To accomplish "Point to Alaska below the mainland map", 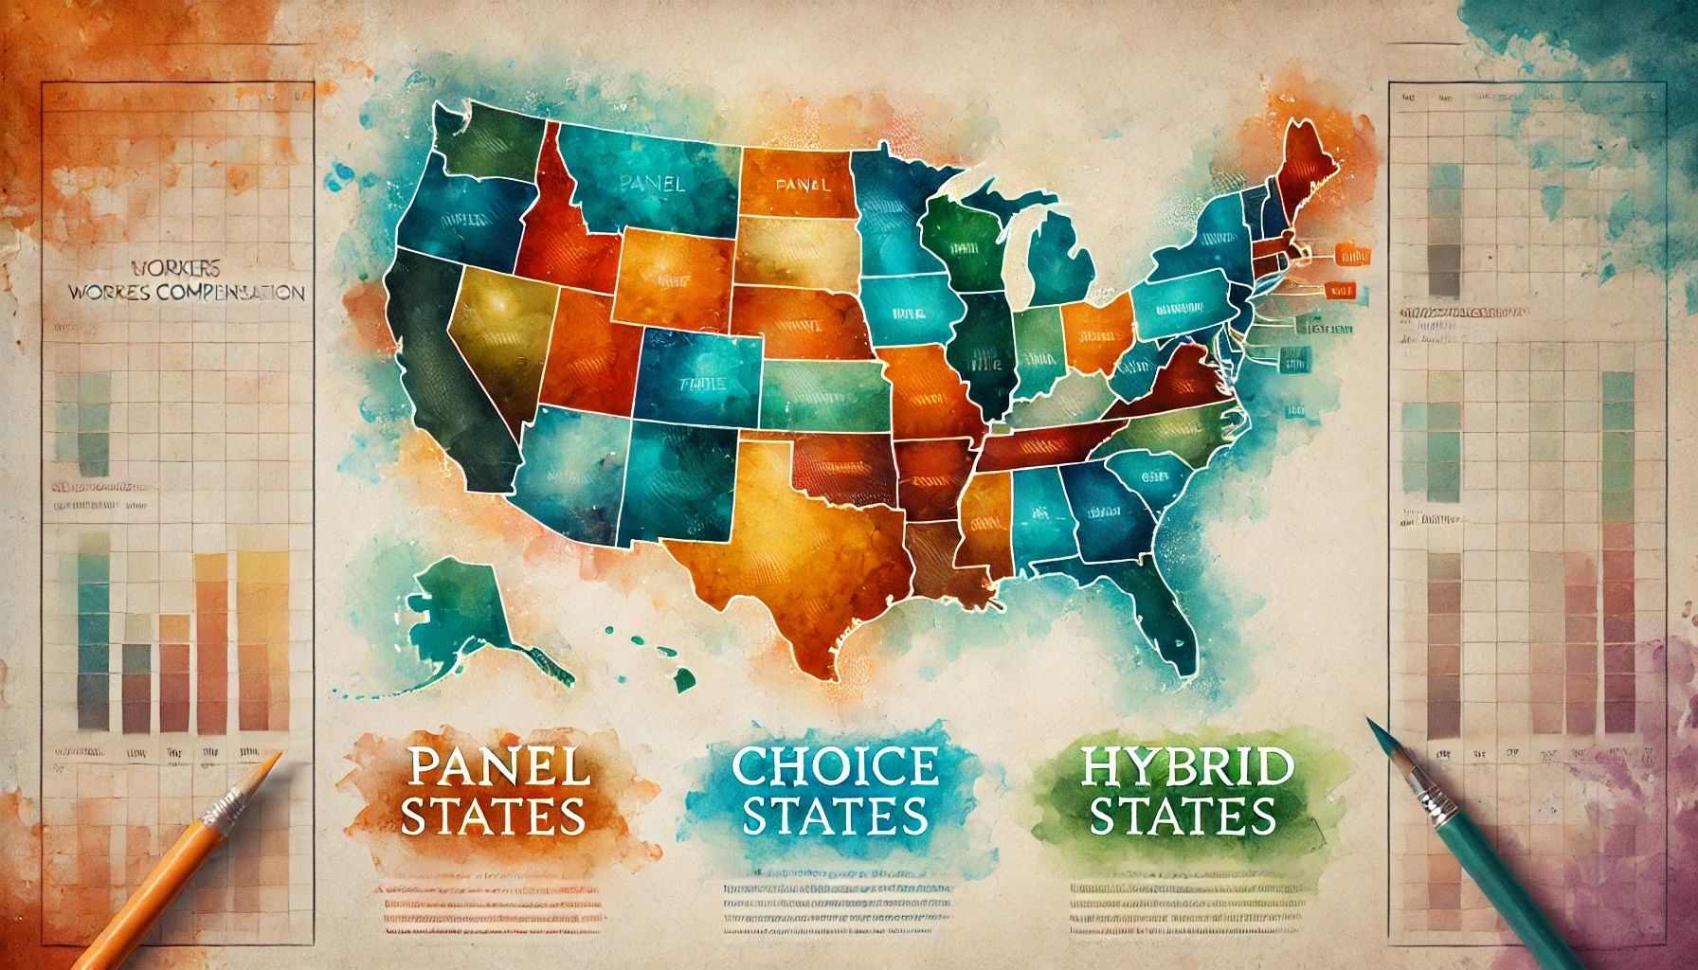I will [455, 606].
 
